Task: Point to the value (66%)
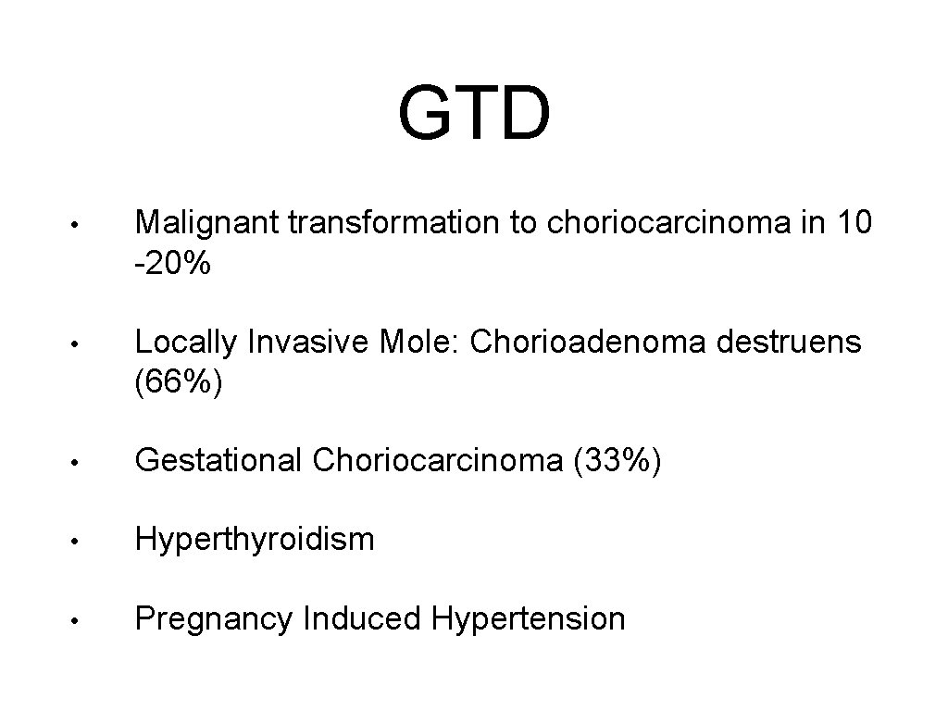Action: coord(179,384)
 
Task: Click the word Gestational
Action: coord(218,460)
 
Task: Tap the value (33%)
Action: coord(618,460)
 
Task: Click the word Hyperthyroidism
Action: coord(255,539)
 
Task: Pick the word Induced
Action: coord(361,617)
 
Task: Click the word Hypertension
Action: coord(528,617)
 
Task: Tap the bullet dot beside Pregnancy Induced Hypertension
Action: coord(82,619)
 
